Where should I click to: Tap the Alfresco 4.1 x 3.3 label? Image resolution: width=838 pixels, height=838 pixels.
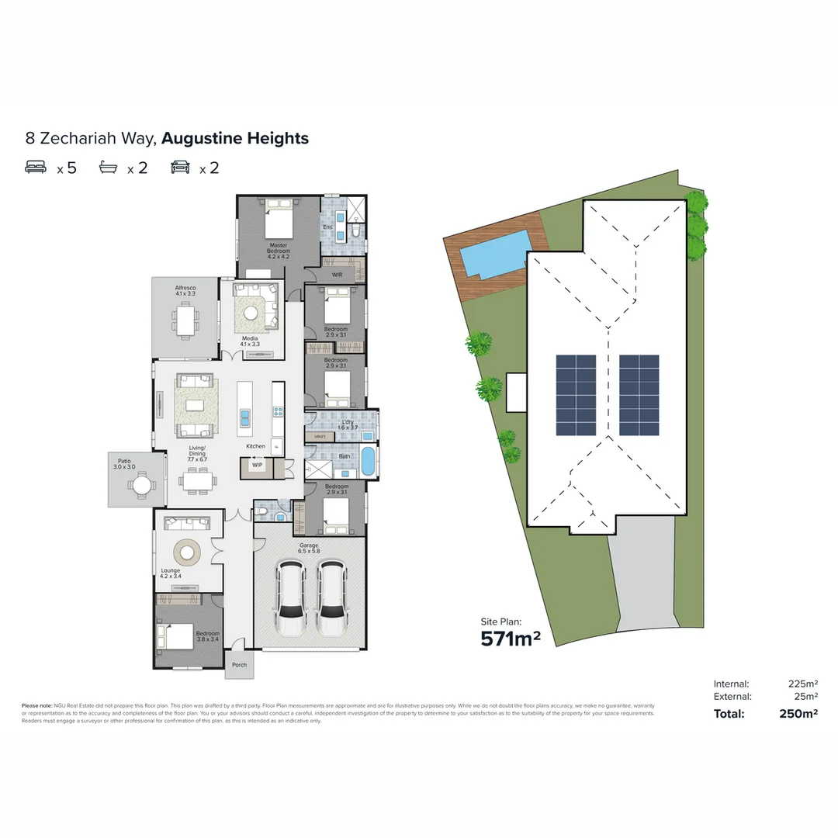[x=185, y=291]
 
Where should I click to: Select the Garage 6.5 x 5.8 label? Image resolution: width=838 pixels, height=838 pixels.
[x=310, y=549]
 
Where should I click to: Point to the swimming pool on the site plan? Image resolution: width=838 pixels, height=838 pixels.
[x=493, y=251]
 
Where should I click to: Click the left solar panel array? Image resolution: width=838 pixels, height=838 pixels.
[x=576, y=395]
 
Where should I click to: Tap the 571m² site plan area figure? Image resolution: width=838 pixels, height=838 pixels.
[x=510, y=639]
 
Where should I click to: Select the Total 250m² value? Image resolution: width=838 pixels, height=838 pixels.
[x=798, y=714]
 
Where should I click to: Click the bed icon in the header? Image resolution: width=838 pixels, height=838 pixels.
[x=36, y=167]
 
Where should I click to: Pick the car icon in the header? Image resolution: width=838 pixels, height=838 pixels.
[x=180, y=167]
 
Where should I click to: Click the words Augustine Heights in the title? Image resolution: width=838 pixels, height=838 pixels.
[x=235, y=139]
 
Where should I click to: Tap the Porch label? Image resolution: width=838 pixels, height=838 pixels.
[x=239, y=664]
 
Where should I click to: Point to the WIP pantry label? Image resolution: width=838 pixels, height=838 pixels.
[x=257, y=466]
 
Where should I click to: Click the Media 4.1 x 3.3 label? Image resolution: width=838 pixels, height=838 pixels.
[x=250, y=341]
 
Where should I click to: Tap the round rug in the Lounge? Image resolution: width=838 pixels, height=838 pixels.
[x=187, y=552]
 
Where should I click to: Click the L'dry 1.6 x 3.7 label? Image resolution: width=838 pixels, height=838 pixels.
[x=348, y=425]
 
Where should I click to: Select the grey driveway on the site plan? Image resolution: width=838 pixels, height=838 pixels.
[x=644, y=578]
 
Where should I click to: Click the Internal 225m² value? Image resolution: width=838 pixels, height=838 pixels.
[x=802, y=684]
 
